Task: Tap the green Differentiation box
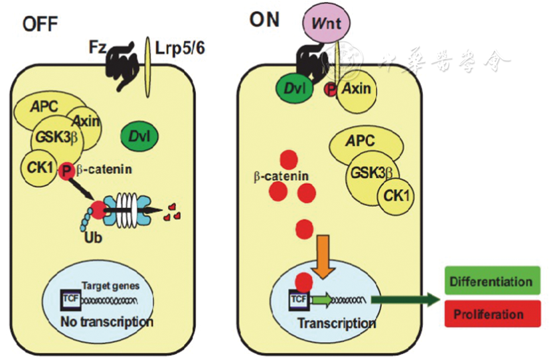click(491, 281)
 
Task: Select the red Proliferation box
click(491, 314)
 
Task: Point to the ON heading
click(265, 20)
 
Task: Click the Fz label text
click(97, 47)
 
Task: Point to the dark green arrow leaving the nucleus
click(406, 300)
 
